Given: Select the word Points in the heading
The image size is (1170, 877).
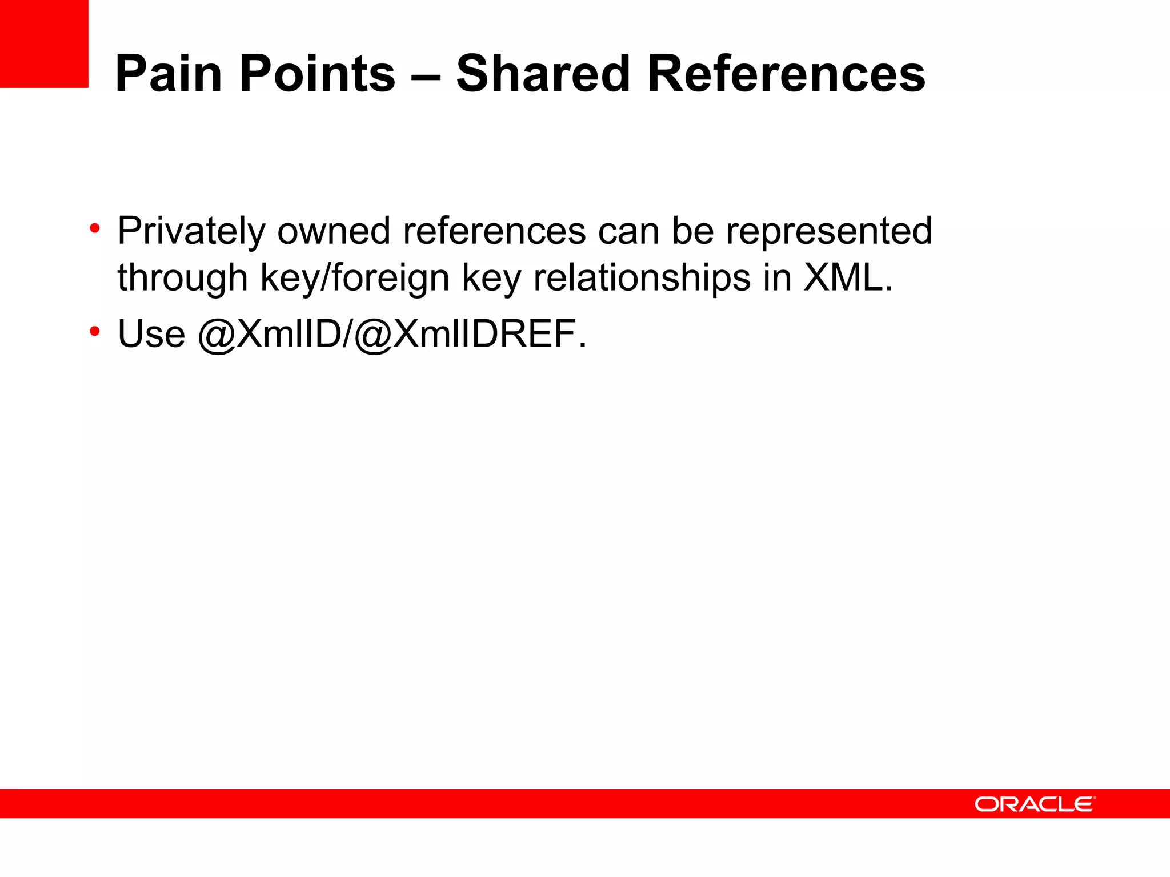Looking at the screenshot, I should point(317,74).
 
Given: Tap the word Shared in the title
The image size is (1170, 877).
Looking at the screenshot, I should point(543,74).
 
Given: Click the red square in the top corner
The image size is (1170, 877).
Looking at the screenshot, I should point(44,43).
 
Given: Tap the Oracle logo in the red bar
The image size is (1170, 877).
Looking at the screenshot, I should point(1035,804).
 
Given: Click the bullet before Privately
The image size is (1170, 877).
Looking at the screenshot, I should point(95,229).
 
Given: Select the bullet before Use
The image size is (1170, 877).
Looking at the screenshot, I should point(95,331).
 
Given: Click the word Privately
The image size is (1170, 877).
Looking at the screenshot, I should point(191,231).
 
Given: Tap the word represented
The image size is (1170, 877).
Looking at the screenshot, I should point(829,231).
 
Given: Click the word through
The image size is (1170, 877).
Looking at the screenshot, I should point(182,279).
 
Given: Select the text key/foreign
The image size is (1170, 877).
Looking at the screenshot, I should point(355,279).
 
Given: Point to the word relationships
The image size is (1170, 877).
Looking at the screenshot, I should point(642,279).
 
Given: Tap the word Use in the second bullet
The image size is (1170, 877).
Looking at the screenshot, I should point(151,334).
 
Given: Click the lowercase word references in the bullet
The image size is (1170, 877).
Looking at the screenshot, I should point(494,231).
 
